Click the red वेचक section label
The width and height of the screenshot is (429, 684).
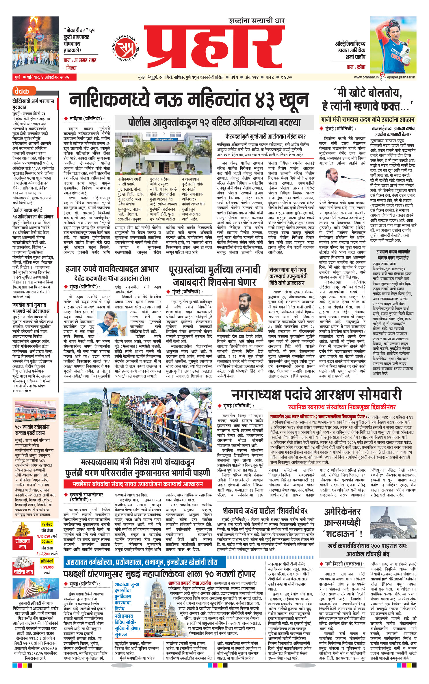(22, 91)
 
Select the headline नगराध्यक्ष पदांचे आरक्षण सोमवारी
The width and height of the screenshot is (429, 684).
(316, 395)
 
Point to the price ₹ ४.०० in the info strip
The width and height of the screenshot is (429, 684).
(286, 77)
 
